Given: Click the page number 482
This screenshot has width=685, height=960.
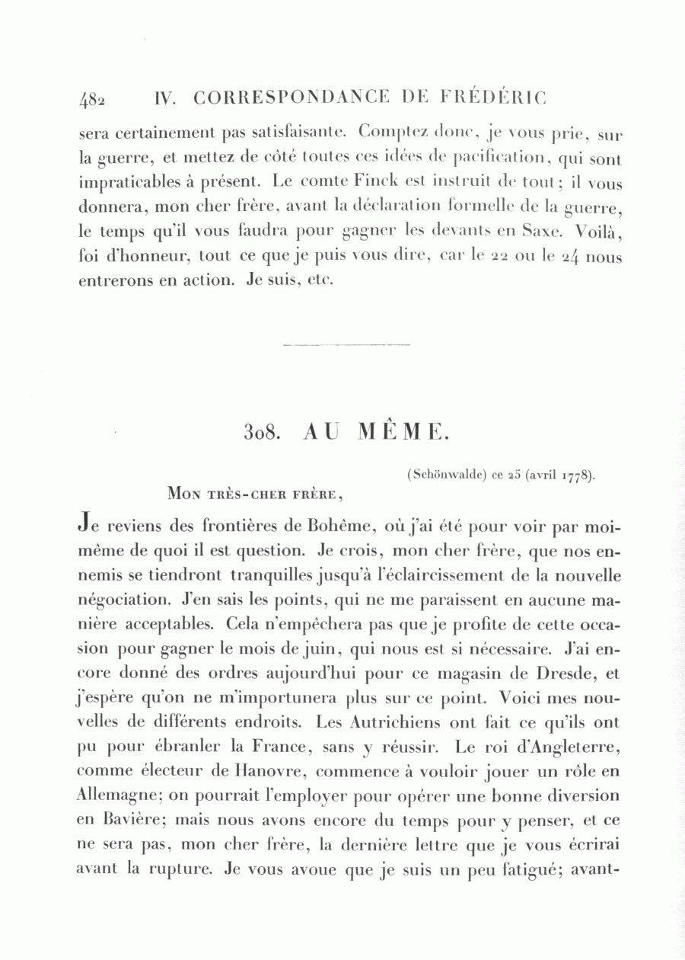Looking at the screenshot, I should point(92,98).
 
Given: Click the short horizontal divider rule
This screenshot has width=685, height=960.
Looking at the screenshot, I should point(346,345).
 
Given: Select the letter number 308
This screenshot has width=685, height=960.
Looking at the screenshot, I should point(263,432).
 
